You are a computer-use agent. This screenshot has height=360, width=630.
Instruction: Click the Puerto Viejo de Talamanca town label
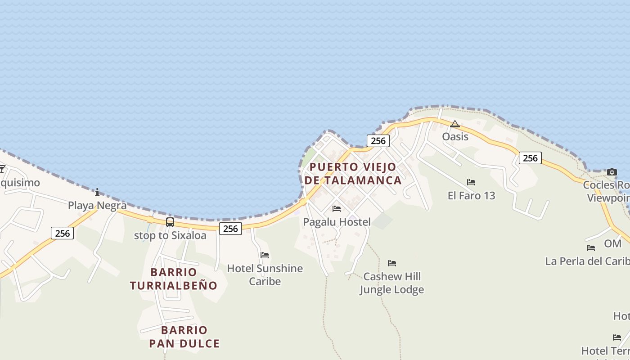pos(353,174)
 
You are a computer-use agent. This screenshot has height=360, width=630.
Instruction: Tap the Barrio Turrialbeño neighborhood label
pos(174,279)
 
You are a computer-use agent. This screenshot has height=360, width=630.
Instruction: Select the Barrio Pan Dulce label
pos(184,337)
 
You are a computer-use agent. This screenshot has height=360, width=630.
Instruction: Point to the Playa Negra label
pos(97,206)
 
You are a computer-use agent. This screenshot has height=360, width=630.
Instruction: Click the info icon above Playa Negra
pos(97,193)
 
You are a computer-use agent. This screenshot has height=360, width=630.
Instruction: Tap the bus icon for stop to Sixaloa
pos(170,222)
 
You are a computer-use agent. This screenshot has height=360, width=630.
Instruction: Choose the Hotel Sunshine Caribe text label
pos(265,274)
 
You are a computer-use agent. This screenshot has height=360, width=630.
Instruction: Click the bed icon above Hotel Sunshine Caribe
pos(265,255)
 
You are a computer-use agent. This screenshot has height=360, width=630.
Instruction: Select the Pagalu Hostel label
pos(337,222)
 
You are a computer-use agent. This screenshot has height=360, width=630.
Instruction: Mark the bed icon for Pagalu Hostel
pos(336,209)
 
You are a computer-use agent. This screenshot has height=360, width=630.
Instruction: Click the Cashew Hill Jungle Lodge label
pos(391,283)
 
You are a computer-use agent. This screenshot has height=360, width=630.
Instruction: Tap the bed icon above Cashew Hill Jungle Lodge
pos(392,263)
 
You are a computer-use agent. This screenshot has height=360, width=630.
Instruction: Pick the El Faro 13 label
pos(471,195)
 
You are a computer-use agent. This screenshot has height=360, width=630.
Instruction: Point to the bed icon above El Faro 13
pos(471,182)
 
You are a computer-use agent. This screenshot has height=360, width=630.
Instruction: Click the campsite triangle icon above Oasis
pos(455,124)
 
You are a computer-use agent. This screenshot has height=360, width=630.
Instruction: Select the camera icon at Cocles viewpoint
pos(612,172)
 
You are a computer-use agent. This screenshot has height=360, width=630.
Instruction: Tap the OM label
pos(612,243)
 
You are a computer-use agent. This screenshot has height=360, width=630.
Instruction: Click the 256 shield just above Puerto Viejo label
pos(378,141)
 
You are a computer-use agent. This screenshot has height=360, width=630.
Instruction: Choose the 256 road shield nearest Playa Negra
pos(62,233)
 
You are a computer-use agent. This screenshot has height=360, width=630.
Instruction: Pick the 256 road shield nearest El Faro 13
pos(530,158)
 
